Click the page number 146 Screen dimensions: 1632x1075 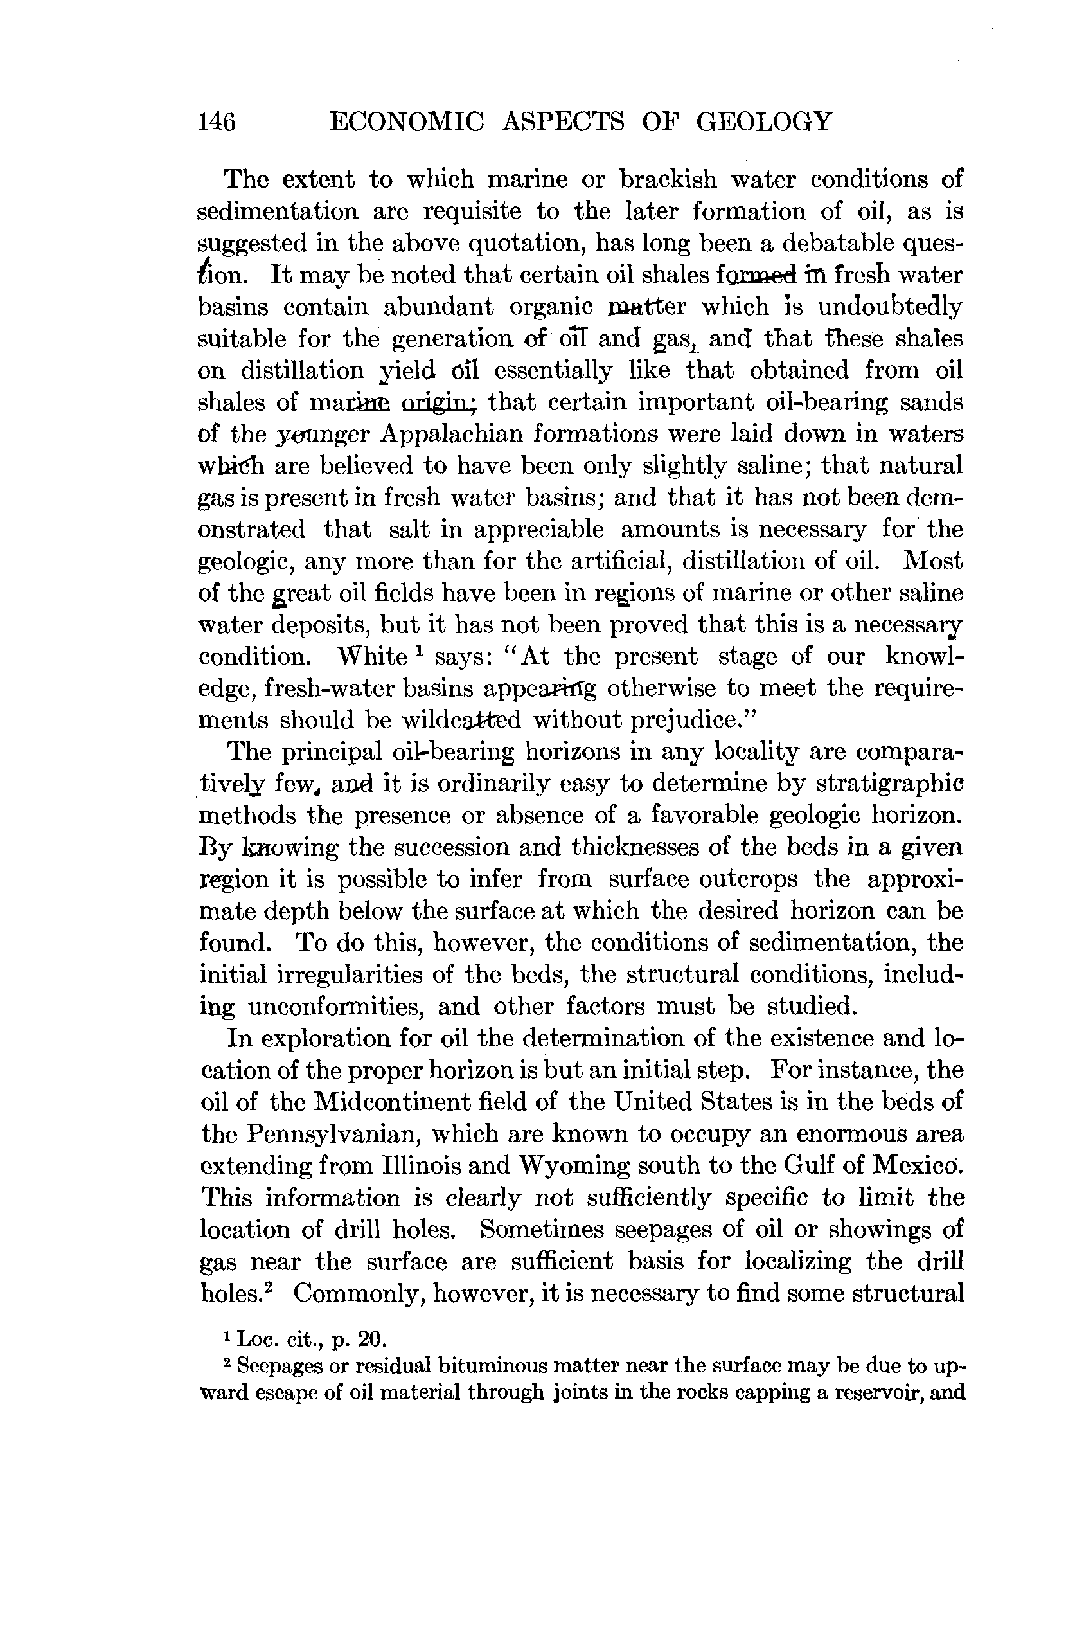(x=217, y=122)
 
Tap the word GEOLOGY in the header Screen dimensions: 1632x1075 (x=764, y=122)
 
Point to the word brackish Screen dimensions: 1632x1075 (x=668, y=180)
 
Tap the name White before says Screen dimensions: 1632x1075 (x=373, y=657)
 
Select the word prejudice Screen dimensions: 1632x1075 (x=670, y=721)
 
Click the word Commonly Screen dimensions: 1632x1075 (x=356, y=1294)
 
